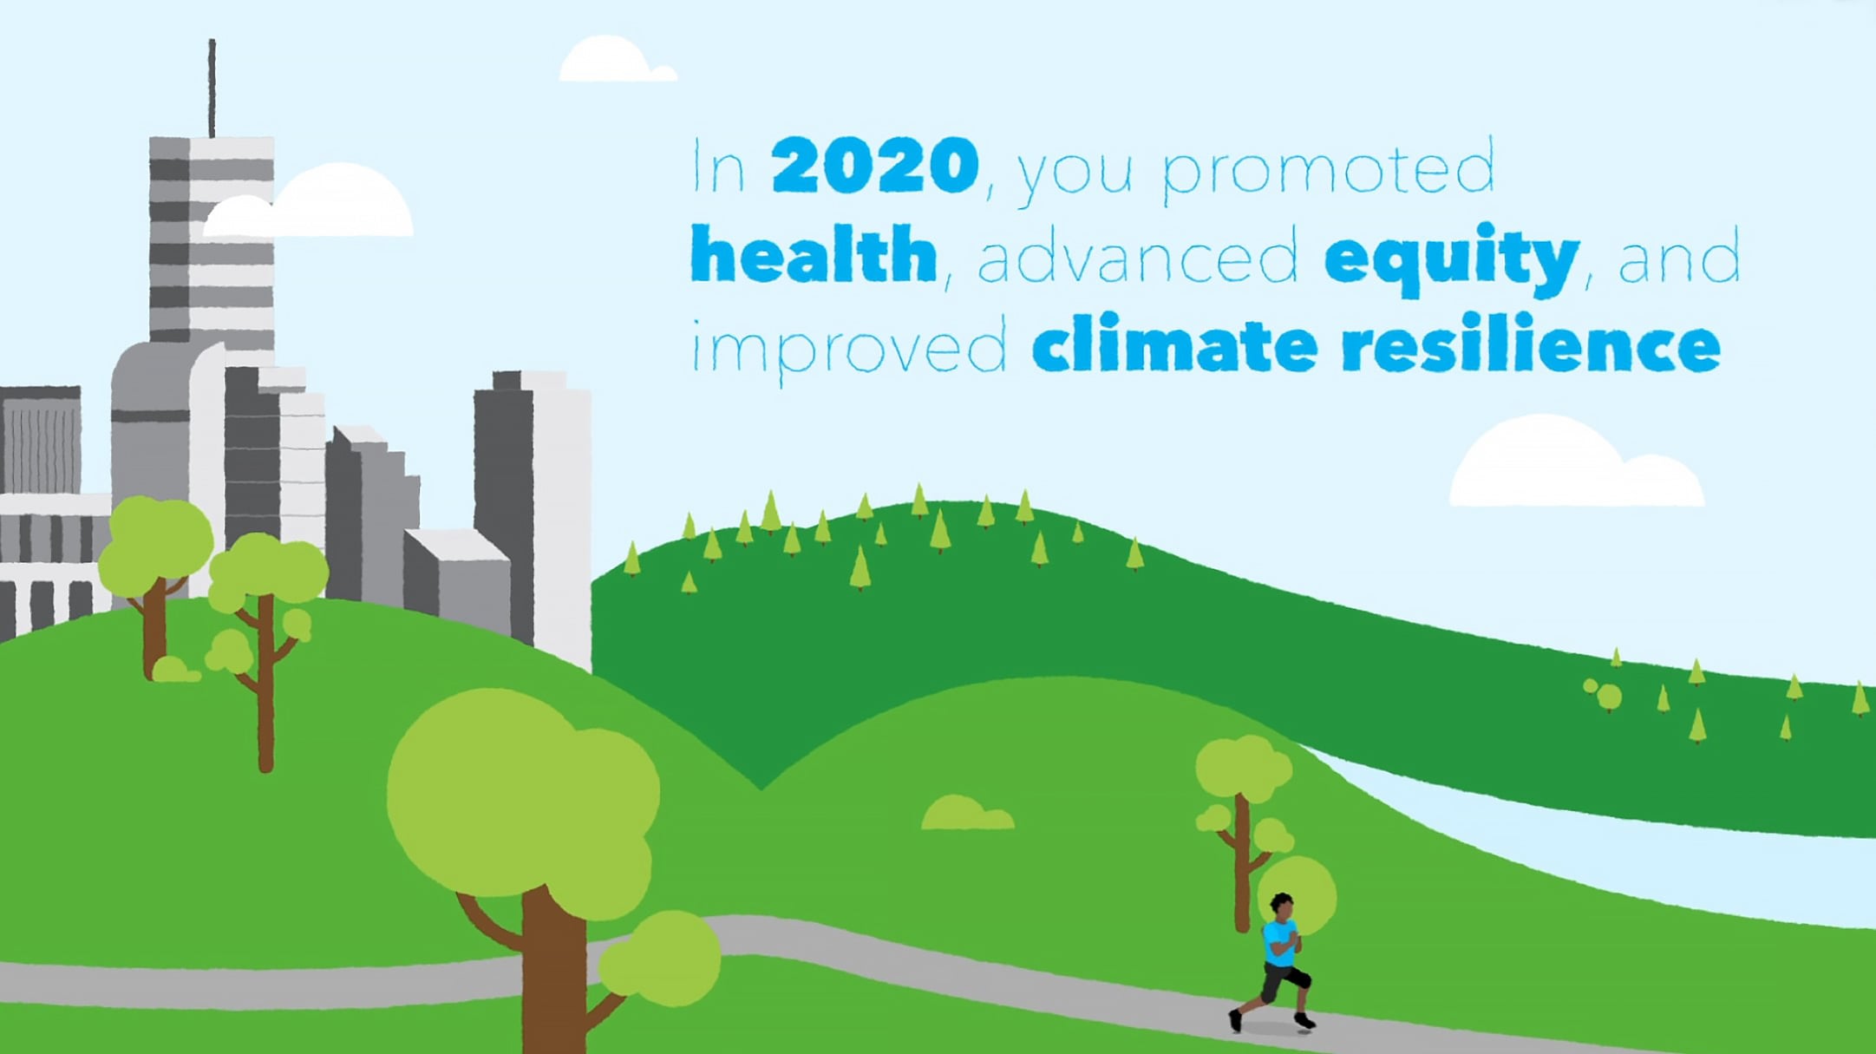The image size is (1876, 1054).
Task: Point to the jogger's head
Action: click(1281, 905)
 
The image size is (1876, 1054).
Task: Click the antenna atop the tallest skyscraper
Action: click(212, 87)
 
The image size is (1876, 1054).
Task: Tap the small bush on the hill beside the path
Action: click(966, 814)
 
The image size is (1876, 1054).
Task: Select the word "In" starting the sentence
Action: click(717, 167)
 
